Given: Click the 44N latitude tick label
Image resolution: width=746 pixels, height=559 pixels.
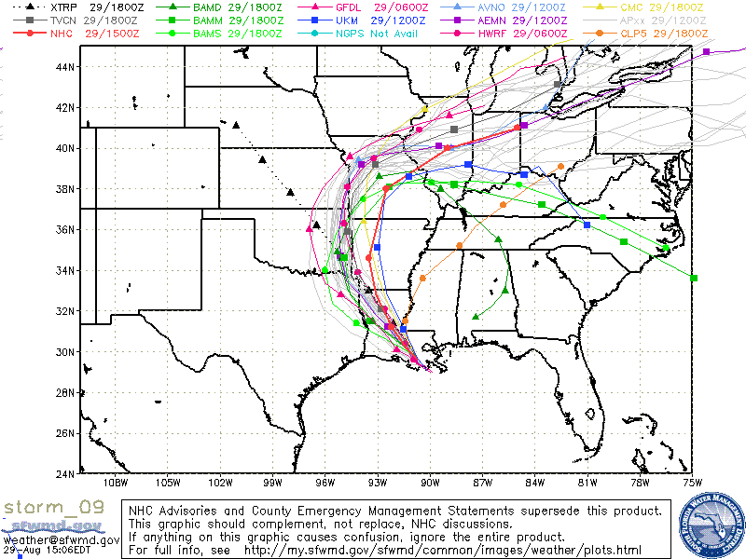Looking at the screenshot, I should click(65, 66).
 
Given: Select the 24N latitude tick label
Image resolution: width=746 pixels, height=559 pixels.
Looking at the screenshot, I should click(65, 473).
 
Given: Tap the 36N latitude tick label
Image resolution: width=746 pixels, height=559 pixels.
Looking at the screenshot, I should click(65, 229).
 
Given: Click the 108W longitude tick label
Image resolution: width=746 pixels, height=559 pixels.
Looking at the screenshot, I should click(115, 483).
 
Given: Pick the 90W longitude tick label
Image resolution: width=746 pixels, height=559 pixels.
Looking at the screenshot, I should click(429, 483).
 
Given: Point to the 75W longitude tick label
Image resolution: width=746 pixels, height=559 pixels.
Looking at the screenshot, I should click(691, 483).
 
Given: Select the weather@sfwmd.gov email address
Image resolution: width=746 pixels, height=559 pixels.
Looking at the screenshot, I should click(61, 539).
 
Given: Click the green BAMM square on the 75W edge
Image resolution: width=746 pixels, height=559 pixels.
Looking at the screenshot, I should click(693, 278).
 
